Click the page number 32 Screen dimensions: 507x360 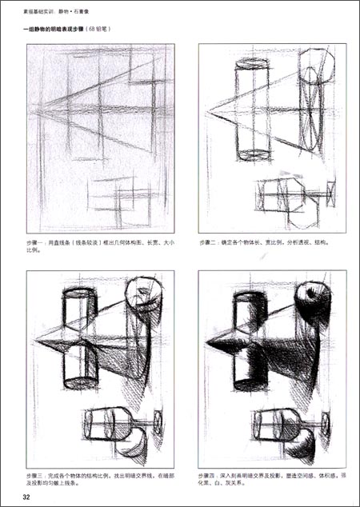(x=26, y=498)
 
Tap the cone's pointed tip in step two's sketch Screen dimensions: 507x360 (x=206, y=107)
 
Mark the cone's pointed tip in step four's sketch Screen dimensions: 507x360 (x=206, y=341)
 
